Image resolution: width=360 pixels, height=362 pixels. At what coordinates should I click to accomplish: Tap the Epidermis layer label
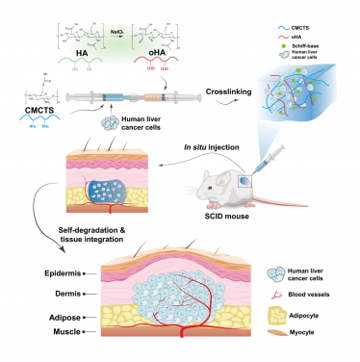tap(34, 274)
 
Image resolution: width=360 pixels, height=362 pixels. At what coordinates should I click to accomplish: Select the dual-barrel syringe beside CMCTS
tap(135, 97)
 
